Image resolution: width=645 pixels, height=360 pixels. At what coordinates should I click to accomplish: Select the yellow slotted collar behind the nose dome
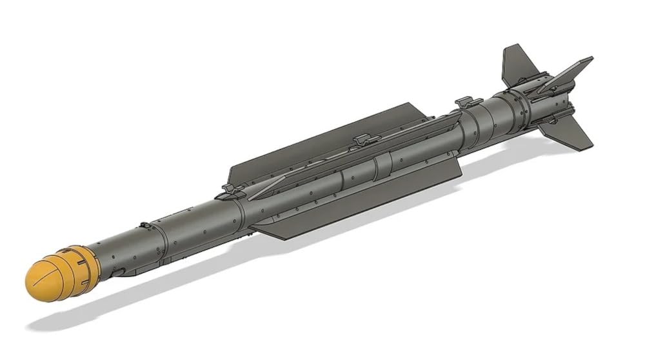point(81,268)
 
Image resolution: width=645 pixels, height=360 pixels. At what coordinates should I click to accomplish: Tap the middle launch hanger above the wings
point(363,139)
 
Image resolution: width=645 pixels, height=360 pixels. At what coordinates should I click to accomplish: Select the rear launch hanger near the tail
point(468,101)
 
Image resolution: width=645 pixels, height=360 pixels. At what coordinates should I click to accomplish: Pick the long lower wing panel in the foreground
point(361,200)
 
